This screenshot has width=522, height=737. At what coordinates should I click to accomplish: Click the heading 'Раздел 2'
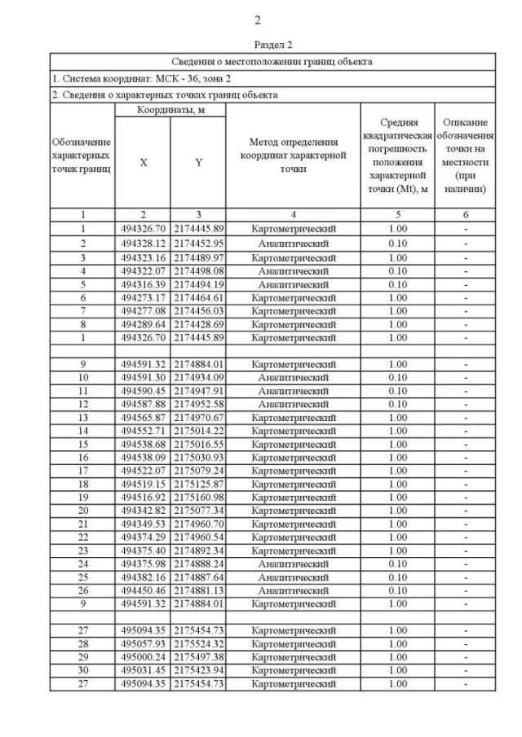[x=272, y=45]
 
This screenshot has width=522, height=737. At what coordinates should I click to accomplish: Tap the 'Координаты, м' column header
[x=170, y=109]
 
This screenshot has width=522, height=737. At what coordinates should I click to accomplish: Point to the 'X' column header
[x=143, y=162]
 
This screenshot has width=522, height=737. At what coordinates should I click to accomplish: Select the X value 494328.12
[x=143, y=243]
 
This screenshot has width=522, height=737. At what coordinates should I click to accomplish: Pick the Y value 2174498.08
[x=198, y=270]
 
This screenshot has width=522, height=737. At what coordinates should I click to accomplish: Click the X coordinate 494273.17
[x=143, y=297]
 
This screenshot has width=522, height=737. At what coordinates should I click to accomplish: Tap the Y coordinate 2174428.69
[x=198, y=324]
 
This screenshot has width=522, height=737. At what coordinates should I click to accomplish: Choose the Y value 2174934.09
[x=198, y=378]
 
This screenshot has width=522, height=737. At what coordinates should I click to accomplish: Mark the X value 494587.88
[x=143, y=405]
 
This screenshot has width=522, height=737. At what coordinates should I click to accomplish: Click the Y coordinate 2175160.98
[x=198, y=497]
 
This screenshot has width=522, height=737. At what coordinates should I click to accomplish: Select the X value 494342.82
[x=143, y=511]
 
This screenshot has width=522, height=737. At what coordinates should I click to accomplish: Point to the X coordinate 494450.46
[x=143, y=590]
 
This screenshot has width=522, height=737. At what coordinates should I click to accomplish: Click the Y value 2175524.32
[x=198, y=643]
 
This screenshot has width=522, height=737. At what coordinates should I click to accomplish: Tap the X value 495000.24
[x=143, y=657]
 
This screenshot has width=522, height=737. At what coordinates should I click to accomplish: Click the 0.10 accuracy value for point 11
[x=397, y=391]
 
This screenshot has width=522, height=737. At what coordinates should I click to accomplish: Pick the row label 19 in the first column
[x=82, y=497]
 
